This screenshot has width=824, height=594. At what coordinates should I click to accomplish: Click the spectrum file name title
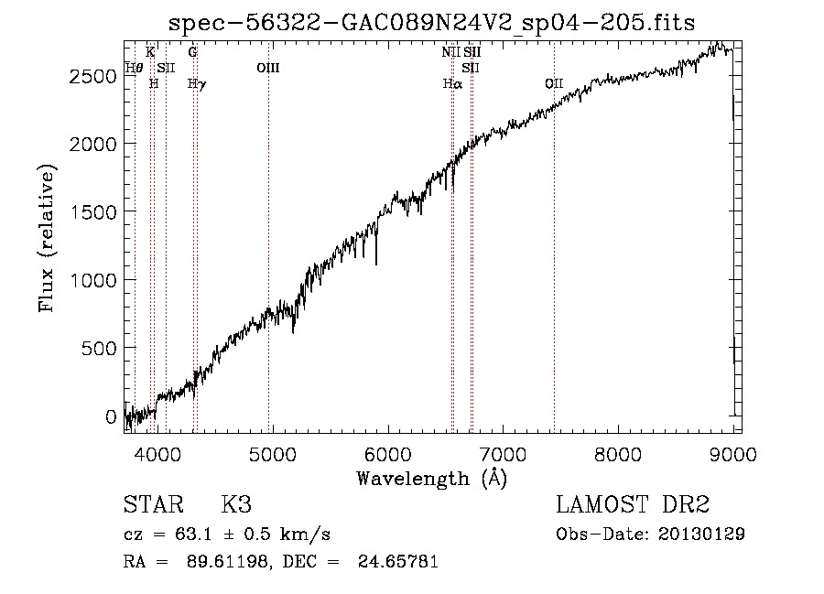coord(431,23)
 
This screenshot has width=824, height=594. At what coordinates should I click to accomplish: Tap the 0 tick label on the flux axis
coord(111,416)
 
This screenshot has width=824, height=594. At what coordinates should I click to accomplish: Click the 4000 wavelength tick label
coord(157,454)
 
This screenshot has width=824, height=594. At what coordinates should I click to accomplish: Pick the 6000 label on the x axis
coord(388,454)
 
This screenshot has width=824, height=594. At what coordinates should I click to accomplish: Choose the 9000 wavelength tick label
coord(733,454)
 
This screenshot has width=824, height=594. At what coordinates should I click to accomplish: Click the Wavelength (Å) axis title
coord(432,479)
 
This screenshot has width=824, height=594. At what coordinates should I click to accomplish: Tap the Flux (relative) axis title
coord(47,238)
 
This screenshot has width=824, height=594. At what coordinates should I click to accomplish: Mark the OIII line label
coord(268,68)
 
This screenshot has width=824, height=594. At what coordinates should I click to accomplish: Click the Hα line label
coord(452,83)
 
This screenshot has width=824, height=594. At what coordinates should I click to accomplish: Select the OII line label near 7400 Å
coord(554,83)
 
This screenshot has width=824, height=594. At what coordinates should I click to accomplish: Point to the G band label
coord(193,52)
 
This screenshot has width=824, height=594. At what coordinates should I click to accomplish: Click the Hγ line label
coord(197,84)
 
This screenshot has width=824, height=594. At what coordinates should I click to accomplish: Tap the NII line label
coord(450,52)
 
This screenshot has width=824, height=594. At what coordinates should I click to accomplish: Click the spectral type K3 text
coord(236,504)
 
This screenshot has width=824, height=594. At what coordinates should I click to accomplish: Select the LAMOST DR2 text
coord(633,504)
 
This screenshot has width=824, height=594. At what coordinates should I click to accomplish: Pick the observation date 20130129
coord(701,535)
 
